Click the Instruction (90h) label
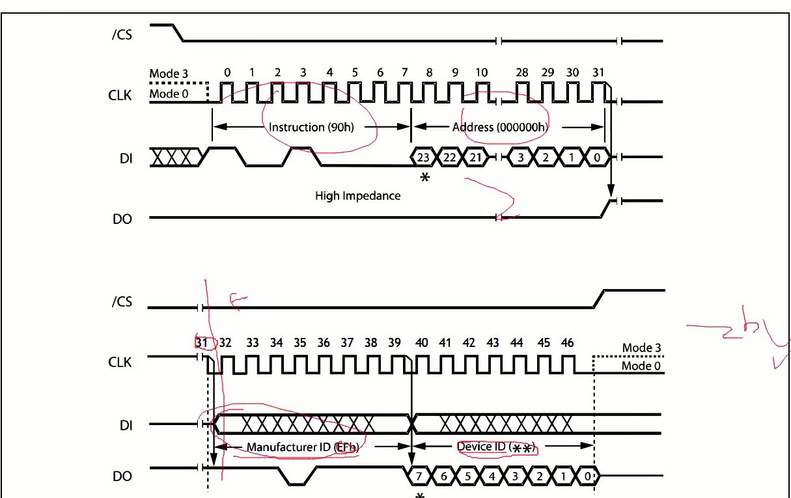[x=311, y=127]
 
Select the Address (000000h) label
[x=500, y=127]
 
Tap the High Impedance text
[x=357, y=195]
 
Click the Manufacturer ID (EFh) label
[x=303, y=447]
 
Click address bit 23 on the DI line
[x=424, y=157]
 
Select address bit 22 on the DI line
[x=449, y=157]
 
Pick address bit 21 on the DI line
[x=475, y=157]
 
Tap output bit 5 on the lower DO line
[x=467, y=477]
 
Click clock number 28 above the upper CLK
[x=522, y=72]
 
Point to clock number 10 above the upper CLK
[x=480, y=72]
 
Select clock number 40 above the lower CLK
[x=422, y=342]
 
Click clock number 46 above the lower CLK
[x=567, y=342]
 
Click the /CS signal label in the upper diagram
[x=121, y=34]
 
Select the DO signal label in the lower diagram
[x=122, y=477]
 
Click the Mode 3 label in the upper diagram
[x=169, y=74]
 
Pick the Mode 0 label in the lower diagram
[x=641, y=365]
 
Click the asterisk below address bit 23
[x=425, y=177]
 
